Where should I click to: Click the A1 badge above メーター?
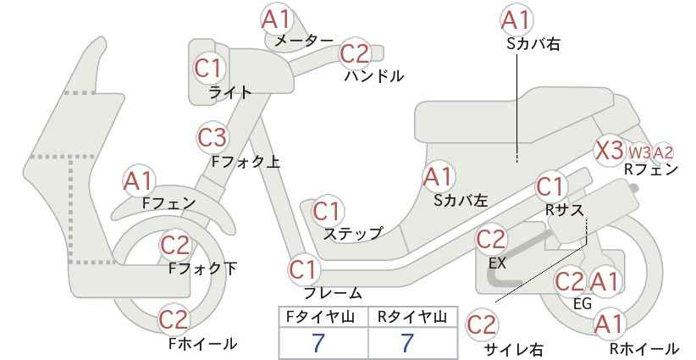276,19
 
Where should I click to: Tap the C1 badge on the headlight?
208,69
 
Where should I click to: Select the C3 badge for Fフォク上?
213,137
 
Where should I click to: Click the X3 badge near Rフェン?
610,151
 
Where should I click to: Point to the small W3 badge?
639,152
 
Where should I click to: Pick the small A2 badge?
664,152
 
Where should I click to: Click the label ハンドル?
374,76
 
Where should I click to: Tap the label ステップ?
352,233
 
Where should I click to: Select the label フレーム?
333,292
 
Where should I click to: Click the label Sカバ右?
533,43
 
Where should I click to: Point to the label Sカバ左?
461,201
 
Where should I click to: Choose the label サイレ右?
514,349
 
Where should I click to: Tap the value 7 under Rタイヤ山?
406,343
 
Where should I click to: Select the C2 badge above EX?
491,240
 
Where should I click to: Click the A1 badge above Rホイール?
609,324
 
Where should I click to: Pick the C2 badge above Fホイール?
174,318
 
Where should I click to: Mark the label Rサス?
564,210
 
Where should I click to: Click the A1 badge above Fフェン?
139,181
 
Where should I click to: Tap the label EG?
583,303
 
